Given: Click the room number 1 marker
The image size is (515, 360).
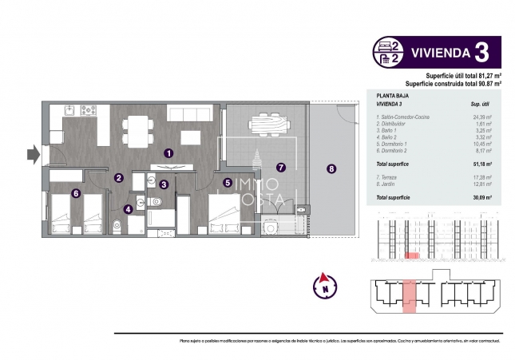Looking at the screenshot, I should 168,152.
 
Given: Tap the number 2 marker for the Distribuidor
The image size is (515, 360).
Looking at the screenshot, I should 118,178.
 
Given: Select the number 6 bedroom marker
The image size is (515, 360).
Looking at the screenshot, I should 76,192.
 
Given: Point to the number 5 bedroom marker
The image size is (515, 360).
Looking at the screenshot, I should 228,182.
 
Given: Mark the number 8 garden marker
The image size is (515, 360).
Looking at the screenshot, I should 331,168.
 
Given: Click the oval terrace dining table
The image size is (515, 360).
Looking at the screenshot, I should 266,123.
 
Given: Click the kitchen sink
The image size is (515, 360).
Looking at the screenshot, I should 68,111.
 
